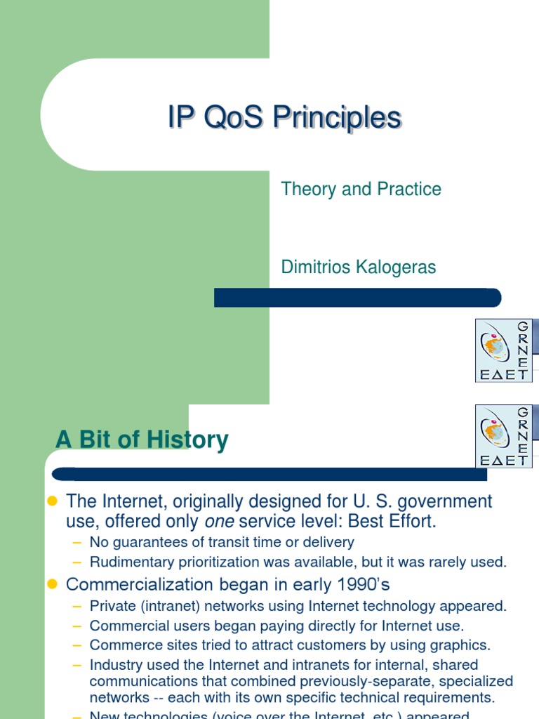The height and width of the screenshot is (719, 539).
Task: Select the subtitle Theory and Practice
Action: point(361,189)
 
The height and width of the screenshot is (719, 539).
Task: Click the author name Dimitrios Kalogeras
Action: point(358,267)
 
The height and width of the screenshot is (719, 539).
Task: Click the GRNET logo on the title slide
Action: point(503,350)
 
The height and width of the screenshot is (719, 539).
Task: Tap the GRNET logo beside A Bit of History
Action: point(503,436)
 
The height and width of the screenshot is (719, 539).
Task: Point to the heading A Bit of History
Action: point(142,440)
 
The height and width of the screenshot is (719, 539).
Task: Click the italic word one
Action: point(218,522)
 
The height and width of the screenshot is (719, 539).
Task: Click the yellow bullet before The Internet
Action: point(51,501)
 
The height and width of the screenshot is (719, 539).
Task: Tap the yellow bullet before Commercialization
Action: point(51,584)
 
